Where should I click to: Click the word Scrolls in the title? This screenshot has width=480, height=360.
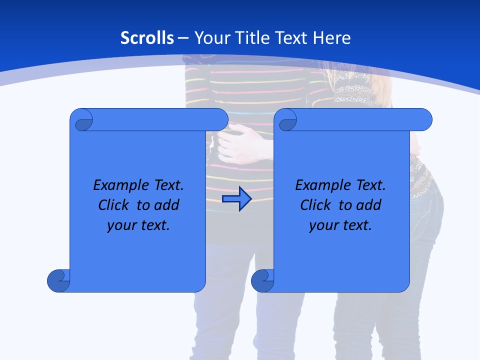pos(147,38)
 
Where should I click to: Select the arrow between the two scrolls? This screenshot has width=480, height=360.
pos(236,199)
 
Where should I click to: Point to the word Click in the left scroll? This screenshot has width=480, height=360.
pos(116,205)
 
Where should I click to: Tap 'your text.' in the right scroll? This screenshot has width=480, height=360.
pos(340,225)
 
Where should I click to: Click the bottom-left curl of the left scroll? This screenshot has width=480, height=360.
pos(58,280)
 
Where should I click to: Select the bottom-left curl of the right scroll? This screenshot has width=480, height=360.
pos(262,280)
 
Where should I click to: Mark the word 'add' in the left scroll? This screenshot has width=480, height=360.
pos(167,205)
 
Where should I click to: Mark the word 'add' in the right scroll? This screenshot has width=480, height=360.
pos(369,205)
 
